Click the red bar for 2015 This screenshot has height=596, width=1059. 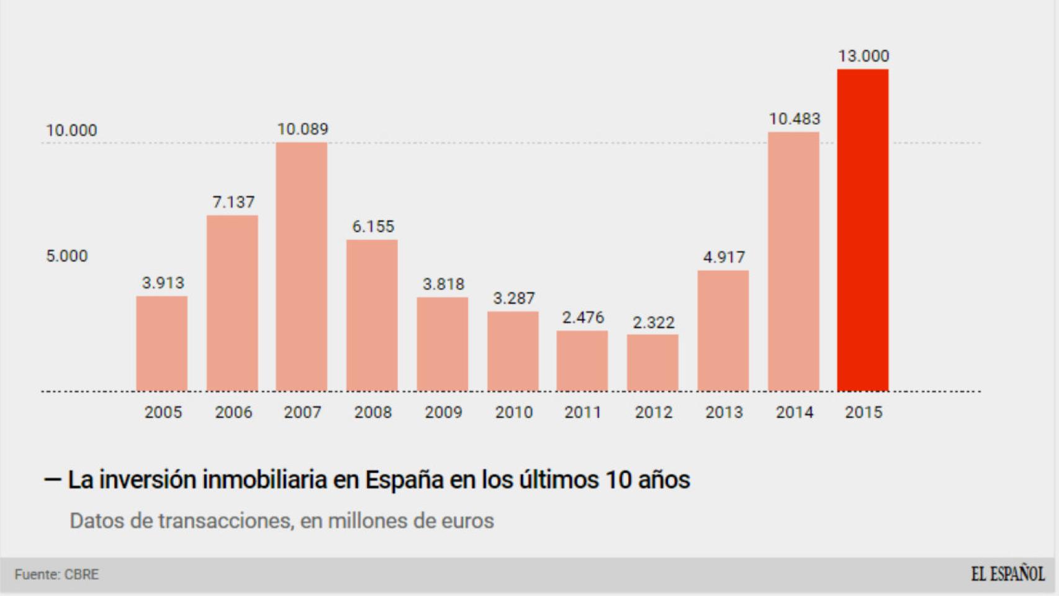pos(862,230)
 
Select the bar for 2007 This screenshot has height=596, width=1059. pos(302,267)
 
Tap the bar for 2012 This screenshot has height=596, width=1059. pos(652,363)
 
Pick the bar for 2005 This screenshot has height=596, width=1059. pos(161,344)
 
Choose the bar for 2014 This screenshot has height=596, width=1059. pos(793,261)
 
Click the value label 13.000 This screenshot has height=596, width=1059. pos(863,56)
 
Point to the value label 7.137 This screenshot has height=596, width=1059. pos(233,202)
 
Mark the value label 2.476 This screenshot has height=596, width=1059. pos(583,317)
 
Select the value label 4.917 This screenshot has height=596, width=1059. pos(724,257)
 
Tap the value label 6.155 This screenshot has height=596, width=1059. pos(373,227)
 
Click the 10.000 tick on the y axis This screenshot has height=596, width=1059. pos(71,130)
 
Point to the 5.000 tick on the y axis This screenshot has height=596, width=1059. pos(67,256)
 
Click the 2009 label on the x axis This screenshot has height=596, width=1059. pos(443,412)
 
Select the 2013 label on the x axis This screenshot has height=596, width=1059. pos(724,412)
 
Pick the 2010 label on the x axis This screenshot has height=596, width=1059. pos(513,412)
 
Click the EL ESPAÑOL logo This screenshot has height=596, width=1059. pos(1007,574)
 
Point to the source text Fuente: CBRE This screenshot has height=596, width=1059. pos(56,574)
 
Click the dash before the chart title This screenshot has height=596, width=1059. pos(52,480)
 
